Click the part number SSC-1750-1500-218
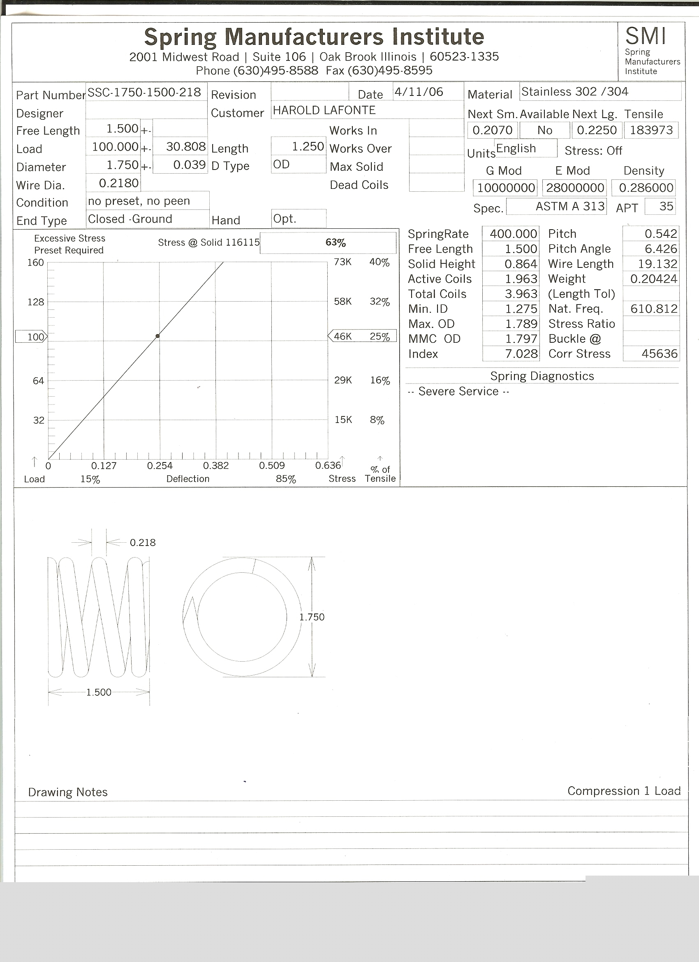point(144,92)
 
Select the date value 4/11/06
point(419,92)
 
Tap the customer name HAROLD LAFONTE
point(324,110)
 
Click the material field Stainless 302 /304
point(574,92)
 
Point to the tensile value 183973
point(651,130)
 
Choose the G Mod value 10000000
point(506,188)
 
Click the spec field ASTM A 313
point(570,206)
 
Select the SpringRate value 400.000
point(513,234)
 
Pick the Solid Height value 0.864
point(521,264)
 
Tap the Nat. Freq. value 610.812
point(653,308)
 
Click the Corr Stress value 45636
point(659,353)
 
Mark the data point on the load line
point(158,336)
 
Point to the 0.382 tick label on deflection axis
point(216,465)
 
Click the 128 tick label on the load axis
point(36,302)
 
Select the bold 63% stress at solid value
point(335,243)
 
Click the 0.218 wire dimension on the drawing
point(142,542)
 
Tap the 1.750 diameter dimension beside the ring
point(312,617)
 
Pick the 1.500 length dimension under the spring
point(99,692)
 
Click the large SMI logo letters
point(645,36)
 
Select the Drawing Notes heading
point(68,792)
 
